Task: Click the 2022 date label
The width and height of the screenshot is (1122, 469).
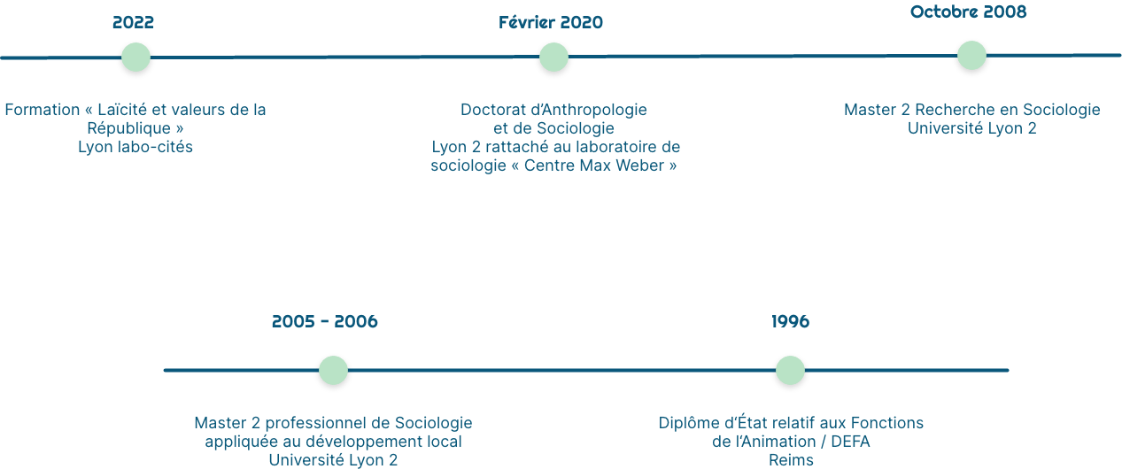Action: click(133, 23)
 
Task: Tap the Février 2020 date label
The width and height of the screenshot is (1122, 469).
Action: click(551, 23)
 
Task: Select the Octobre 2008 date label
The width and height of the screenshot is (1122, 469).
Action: click(968, 12)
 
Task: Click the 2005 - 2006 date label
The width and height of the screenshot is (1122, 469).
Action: click(324, 322)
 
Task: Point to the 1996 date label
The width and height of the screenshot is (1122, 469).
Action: click(790, 322)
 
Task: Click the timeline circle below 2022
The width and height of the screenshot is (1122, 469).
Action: click(135, 58)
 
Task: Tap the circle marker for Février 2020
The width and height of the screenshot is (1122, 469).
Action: click(553, 58)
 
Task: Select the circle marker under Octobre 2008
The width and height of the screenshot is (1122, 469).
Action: click(971, 55)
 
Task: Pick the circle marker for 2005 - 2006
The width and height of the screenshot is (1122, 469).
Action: click(333, 371)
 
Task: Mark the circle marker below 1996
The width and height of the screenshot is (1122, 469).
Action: click(790, 371)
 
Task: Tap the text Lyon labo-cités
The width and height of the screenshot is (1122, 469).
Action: click(135, 147)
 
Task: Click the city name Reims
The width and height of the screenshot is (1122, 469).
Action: click(791, 460)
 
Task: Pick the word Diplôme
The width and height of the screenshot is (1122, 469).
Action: click(688, 423)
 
